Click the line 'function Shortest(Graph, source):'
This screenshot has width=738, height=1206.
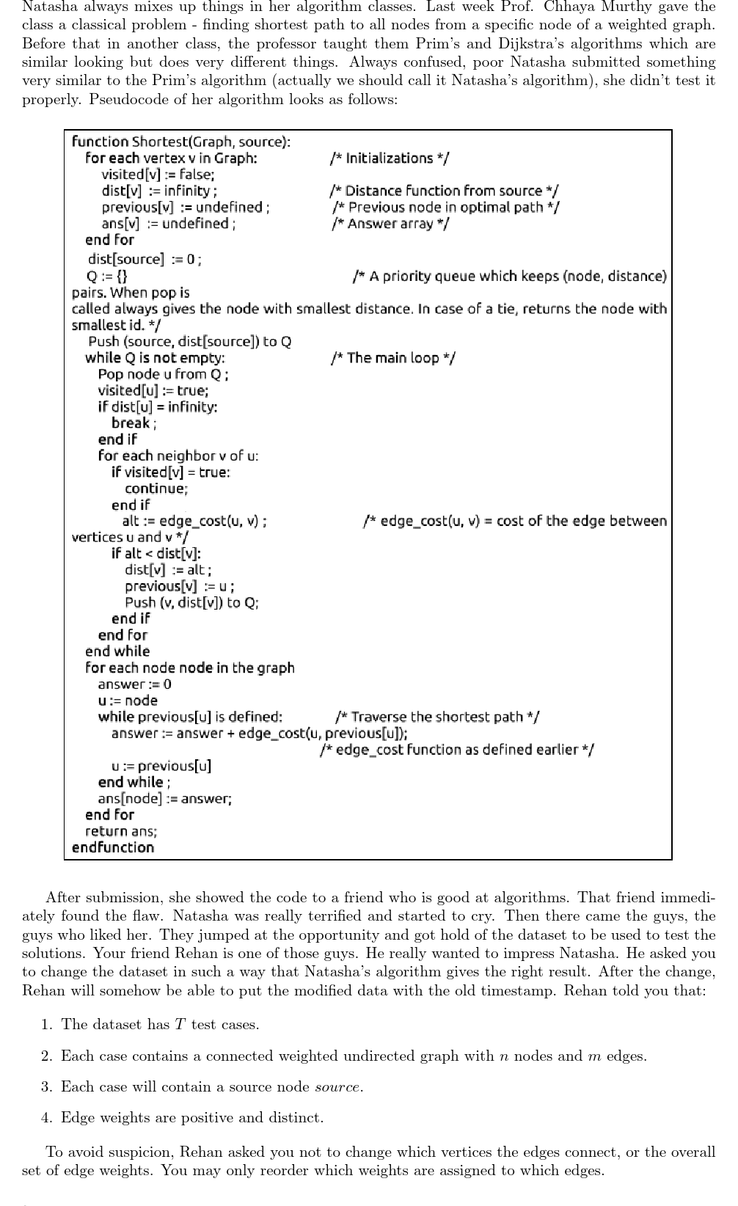(180, 142)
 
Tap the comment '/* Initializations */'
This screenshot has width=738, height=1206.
(390, 158)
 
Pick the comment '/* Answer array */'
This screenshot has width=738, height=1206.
(390, 223)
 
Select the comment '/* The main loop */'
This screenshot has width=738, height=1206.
(393, 358)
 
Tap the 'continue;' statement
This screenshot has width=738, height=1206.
(156, 489)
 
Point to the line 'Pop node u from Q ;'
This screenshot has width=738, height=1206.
(164, 374)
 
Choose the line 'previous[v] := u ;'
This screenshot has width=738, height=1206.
(180, 586)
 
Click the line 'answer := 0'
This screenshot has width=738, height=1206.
(135, 684)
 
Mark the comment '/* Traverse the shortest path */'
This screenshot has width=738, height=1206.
(437, 717)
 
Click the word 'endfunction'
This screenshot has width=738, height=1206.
(113, 847)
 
